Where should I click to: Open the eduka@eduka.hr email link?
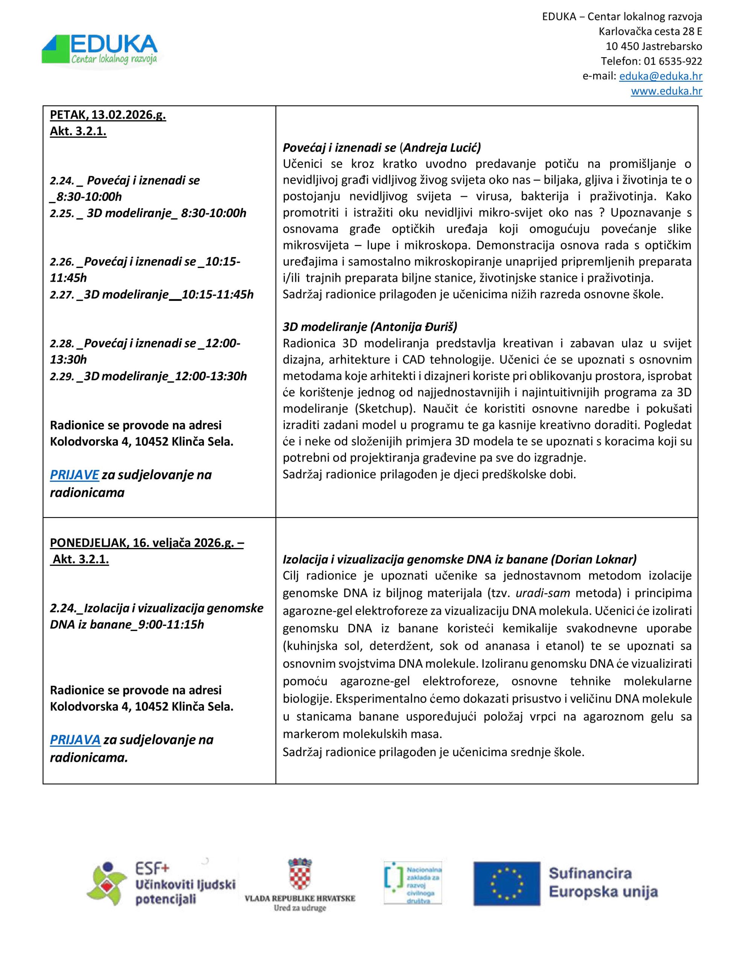660,76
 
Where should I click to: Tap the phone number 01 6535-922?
673,61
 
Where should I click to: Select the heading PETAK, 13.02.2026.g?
108,115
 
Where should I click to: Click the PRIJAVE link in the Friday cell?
74,474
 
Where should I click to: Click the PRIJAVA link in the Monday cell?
75,740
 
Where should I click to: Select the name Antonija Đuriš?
414,327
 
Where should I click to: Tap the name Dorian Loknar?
594,559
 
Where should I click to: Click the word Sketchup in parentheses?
384,409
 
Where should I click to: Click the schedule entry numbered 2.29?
148,376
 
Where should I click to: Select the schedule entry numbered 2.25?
148,213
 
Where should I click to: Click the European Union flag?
506,883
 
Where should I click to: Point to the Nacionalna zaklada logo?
413,883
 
